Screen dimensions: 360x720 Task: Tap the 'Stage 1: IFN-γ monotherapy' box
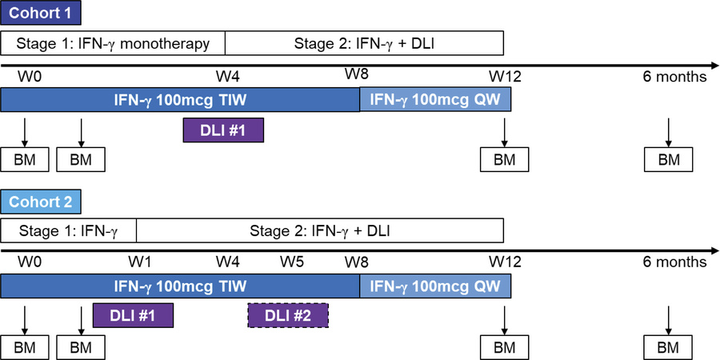coord(113,42)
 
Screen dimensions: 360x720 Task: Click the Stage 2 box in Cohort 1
coord(364,42)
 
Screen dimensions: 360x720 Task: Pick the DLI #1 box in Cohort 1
coord(223,130)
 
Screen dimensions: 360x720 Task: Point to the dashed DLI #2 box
coord(288,316)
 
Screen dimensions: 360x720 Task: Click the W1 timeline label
coord(141,262)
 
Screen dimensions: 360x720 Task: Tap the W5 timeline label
coord(292,262)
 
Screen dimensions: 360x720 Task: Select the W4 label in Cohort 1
coord(228,76)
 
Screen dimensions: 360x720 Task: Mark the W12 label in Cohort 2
coord(503,262)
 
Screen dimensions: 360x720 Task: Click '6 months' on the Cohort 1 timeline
coord(674,77)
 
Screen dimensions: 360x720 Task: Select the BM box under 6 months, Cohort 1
coord(669,159)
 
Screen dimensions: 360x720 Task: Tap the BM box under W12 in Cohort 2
coord(504,348)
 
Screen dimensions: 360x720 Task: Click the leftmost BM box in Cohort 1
coord(25,159)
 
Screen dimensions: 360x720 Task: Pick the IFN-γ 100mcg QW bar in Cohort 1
coord(434,99)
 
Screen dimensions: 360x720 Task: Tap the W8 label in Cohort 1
coord(358,74)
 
